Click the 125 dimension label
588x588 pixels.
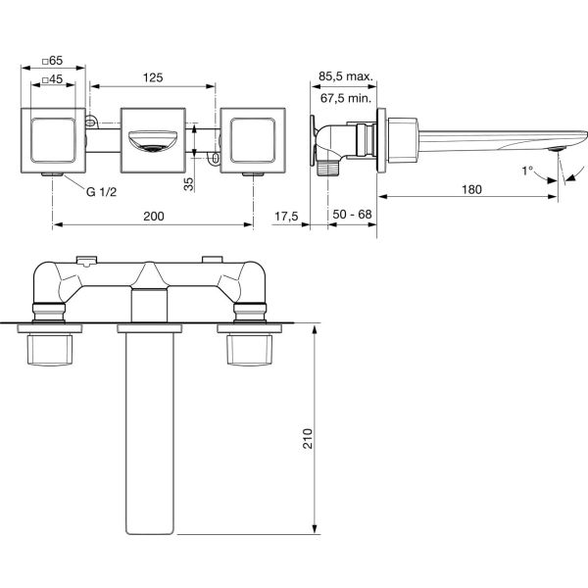153,77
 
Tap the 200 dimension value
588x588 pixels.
154,216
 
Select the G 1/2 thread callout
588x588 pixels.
101,192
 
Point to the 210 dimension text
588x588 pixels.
308,438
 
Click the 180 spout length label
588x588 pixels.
471,189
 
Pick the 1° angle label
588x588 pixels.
527,171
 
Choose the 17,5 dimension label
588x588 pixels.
286,217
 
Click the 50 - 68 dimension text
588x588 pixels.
352,215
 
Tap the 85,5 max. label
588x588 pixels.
346,76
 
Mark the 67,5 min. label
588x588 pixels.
346,98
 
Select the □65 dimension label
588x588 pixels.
52,60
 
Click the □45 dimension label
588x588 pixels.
52,79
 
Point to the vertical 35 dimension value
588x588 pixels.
189,184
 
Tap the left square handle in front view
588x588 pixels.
53,140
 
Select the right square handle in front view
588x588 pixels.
253,140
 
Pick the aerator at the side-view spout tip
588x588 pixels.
556,149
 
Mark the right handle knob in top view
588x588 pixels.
249,350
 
